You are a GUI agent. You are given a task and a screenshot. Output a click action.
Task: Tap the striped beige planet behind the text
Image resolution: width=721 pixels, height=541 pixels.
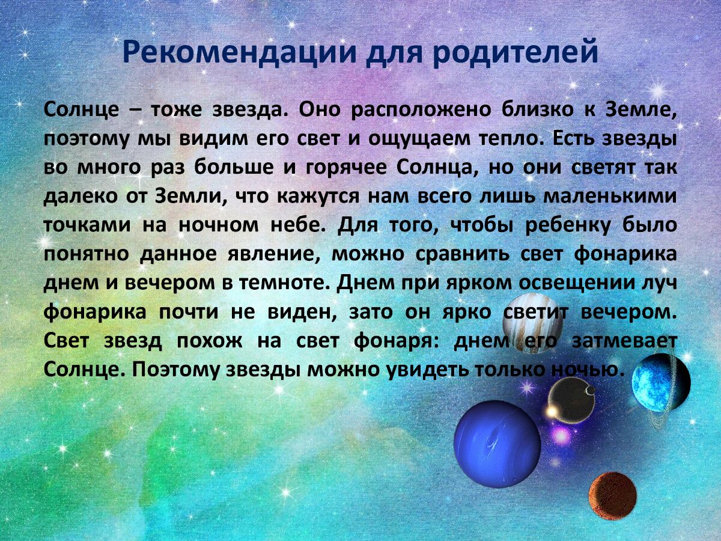(532, 322)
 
